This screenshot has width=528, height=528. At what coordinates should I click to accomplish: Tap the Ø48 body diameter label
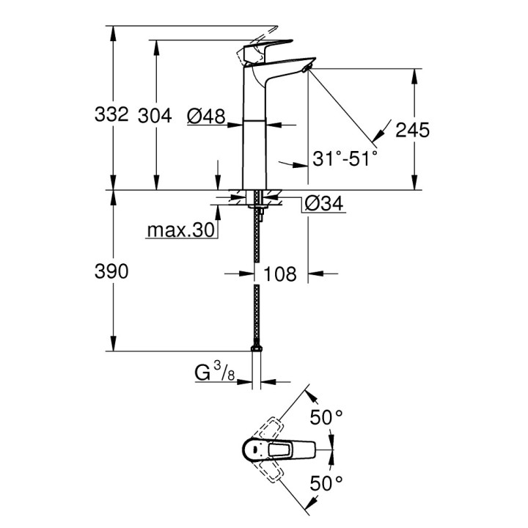[x=205, y=115]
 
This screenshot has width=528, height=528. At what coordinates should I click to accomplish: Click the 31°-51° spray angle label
[x=344, y=158]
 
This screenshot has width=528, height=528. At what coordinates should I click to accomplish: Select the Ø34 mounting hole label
[x=323, y=205]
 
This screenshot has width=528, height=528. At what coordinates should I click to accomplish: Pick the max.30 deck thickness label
[x=180, y=231]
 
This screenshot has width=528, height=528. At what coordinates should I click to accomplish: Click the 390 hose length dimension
[x=111, y=272]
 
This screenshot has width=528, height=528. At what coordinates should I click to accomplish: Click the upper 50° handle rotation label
[x=326, y=417]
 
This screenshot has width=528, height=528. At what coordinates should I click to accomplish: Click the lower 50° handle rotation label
[x=326, y=483]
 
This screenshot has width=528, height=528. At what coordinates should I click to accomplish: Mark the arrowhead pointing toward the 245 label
[x=380, y=135]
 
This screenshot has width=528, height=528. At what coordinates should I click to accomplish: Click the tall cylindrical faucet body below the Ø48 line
[x=256, y=154]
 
